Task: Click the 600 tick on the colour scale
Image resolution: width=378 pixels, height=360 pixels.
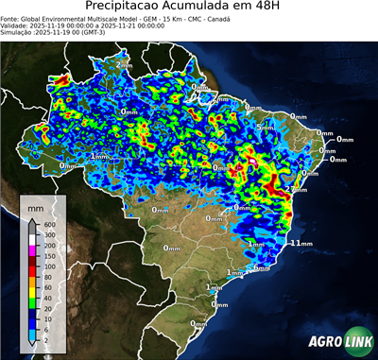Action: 46,224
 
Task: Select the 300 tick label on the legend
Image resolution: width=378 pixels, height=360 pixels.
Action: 46,234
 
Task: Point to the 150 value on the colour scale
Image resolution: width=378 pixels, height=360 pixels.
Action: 46,255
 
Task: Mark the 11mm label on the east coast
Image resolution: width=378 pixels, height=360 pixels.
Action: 301,243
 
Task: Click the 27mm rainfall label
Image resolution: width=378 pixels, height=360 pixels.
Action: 294,188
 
